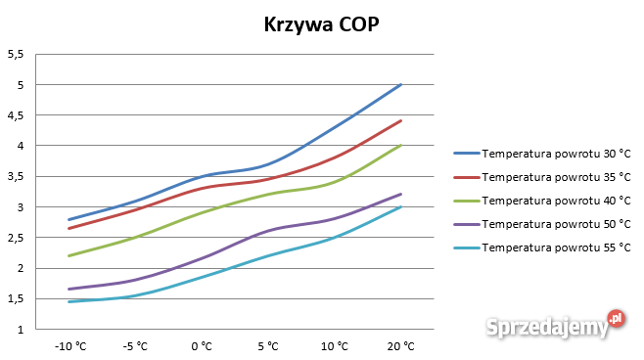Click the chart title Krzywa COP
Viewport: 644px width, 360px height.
321,25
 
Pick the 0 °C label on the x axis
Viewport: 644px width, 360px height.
202,346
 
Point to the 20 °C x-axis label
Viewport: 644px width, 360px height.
401,346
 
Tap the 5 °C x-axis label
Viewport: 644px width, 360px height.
268,346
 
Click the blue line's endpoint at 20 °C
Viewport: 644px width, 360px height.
401,84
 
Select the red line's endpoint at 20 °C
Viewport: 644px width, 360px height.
401,120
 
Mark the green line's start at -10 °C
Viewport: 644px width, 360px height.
69,256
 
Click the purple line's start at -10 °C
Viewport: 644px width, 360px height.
69,289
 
